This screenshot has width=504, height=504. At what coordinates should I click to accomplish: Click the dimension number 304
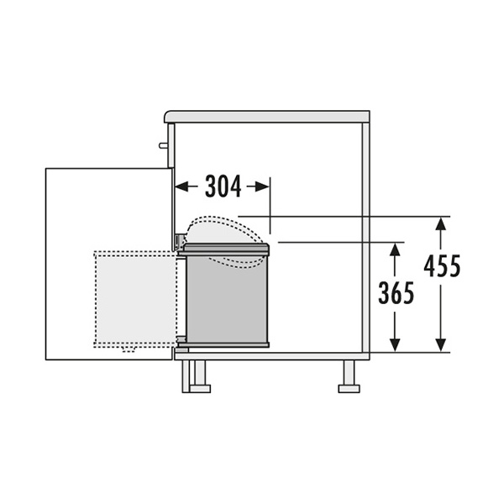(x=223, y=186)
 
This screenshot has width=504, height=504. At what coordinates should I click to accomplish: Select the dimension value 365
(x=396, y=293)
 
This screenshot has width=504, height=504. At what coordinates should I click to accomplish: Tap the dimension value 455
(x=442, y=266)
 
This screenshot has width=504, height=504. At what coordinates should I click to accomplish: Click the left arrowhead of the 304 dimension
(x=181, y=186)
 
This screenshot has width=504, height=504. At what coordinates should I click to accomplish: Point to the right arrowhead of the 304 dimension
(x=263, y=186)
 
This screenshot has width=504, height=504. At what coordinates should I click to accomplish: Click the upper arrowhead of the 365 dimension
(x=395, y=249)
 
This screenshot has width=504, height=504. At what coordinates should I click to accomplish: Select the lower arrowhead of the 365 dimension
(x=395, y=345)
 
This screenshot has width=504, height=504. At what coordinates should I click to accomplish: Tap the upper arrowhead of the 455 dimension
(x=441, y=224)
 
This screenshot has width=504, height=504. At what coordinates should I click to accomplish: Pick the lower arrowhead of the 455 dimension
(x=441, y=345)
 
